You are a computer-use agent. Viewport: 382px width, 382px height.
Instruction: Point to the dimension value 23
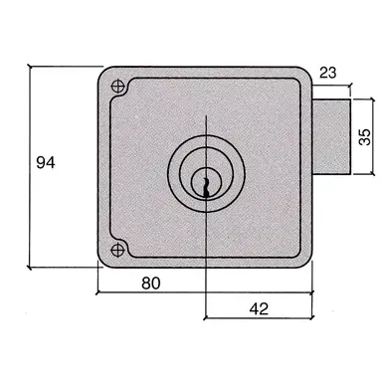point(330,72)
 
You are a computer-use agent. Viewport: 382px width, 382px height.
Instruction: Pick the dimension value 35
point(365,134)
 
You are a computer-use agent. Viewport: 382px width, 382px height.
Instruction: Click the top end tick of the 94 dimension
point(30,67)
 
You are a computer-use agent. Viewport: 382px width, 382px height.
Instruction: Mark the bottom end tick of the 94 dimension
point(30,269)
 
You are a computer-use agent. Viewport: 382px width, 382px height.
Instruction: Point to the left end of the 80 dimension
point(99,294)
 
